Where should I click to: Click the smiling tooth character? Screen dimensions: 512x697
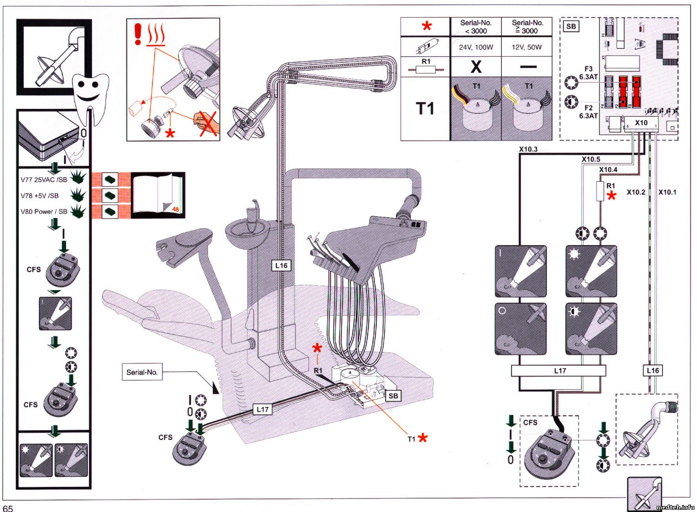pyautogui.click(x=92, y=93)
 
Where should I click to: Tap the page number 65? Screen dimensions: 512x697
pyautogui.click(x=8, y=508)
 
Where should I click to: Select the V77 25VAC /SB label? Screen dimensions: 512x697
pyautogui.click(x=44, y=180)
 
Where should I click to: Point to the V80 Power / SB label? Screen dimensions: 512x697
pyautogui.click(x=44, y=212)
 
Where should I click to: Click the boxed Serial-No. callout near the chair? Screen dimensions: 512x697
pyautogui.click(x=142, y=372)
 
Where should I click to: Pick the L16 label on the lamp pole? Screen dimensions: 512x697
pyautogui.click(x=282, y=266)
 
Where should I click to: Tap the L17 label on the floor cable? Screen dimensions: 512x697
pyautogui.click(x=263, y=409)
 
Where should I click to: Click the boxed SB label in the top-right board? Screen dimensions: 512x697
pyautogui.click(x=571, y=27)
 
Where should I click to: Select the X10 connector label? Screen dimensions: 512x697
pyautogui.click(x=641, y=123)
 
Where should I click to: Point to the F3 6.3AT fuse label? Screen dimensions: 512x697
pyautogui.click(x=588, y=73)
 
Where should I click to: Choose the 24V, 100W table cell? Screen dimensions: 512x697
pyautogui.click(x=476, y=47)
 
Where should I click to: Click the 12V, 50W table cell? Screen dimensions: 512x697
pyautogui.click(x=526, y=47)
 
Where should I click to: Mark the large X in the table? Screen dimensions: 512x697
pyautogui.click(x=476, y=66)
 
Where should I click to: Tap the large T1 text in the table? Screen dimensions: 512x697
pyautogui.click(x=425, y=109)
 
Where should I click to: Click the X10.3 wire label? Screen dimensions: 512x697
pyautogui.click(x=528, y=149)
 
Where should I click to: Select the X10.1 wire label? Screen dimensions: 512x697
pyautogui.click(x=667, y=192)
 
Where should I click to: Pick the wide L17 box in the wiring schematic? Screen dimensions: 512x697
pyautogui.click(x=559, y=371)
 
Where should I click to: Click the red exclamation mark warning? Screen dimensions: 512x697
pyautogui.click(x=138, y=34)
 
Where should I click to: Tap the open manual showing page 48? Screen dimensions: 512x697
pyautogui.click(x=158, y=195)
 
